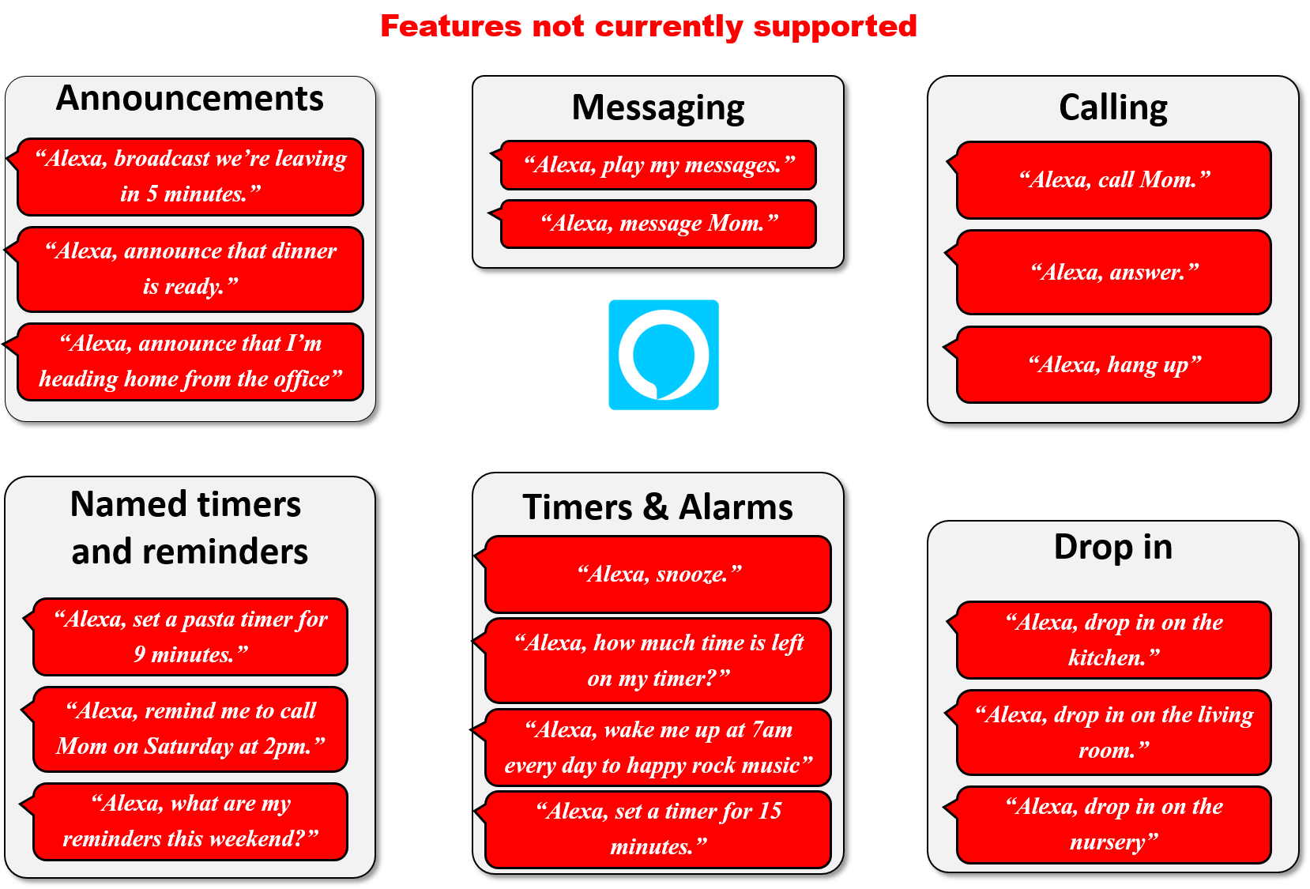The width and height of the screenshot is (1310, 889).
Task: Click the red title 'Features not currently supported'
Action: pos(648,26)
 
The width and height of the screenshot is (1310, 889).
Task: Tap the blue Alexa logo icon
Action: pos(664,355)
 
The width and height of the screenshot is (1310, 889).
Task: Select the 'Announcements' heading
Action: pos(190,99)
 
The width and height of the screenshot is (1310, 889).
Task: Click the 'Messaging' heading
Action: pos(657,108)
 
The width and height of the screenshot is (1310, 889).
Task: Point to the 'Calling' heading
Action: pos(1112,108)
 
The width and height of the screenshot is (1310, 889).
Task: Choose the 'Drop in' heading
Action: pos(1112,547)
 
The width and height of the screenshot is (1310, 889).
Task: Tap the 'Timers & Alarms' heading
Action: pos(657,507)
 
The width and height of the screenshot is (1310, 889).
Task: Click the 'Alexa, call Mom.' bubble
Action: pos(1113,180)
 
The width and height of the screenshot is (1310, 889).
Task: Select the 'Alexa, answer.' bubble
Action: pos(1113,273)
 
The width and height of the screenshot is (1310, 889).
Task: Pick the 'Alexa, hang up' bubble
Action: pos(1113,365)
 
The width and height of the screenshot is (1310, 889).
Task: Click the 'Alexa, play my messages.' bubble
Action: pos(658,165)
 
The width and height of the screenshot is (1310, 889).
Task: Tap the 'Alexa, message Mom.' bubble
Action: pos(658,224)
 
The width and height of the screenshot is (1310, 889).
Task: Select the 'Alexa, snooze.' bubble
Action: pos(658,574)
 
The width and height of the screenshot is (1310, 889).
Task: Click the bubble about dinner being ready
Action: pos(190,269)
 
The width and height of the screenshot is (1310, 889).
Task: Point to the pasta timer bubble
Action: pos(190,637)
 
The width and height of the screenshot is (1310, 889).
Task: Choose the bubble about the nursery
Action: pos(1113,824)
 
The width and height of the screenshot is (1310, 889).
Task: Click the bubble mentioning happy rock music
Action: pos(658,748)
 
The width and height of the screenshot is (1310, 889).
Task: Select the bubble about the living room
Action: pos(1113,733)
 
